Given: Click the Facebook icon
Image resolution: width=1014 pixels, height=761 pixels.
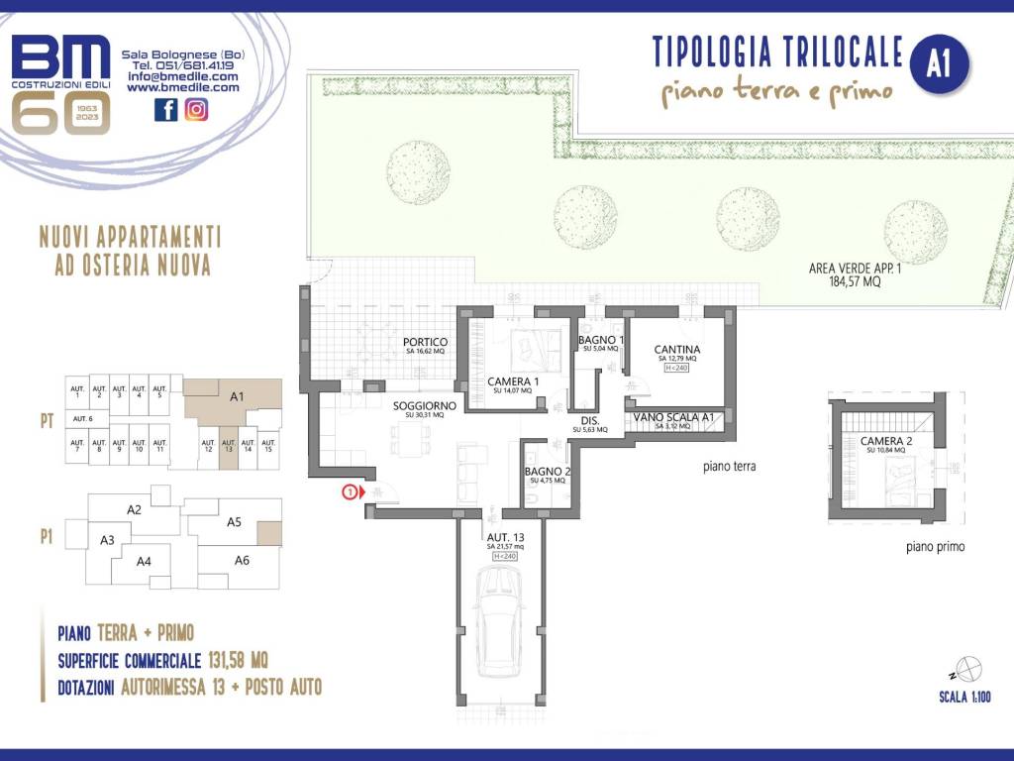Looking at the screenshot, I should (165, 110).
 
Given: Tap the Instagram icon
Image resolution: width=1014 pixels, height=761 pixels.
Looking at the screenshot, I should (196, 110).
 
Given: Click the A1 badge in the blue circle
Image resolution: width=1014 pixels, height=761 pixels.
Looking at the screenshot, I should (939, 64).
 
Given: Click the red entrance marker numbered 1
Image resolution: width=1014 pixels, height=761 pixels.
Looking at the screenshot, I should (349, 490).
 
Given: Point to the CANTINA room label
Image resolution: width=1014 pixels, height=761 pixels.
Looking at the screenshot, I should (677, 350).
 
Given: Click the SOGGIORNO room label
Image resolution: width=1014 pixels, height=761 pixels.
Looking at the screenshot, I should (424, 406).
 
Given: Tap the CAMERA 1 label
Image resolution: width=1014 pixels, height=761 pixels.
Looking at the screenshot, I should (513, 381).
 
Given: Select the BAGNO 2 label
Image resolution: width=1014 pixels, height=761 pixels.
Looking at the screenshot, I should (547, 472).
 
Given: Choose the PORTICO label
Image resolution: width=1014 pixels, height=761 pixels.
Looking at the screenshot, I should (425, 343).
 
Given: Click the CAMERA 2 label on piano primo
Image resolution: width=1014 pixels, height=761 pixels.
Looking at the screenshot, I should (886, 441).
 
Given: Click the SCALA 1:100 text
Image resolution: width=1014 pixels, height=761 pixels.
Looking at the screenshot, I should (965, 698).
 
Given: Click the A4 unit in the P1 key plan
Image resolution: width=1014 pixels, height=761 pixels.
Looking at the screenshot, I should (144, 562).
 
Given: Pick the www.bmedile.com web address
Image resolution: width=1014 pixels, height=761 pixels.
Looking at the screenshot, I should (182, 87).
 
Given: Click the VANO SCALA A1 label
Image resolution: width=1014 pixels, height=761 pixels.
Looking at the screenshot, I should (674, 418).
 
